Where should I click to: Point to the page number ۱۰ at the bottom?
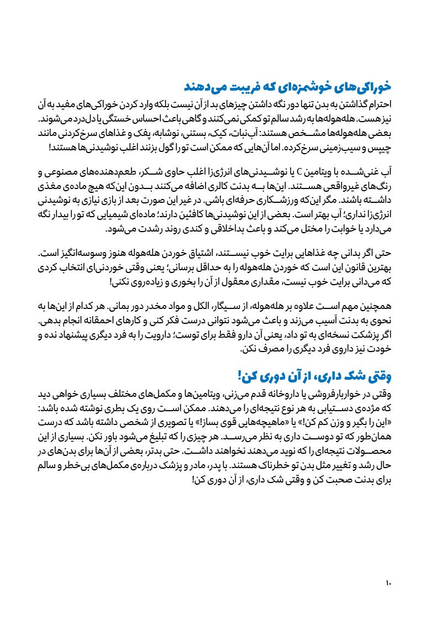point(388,583)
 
